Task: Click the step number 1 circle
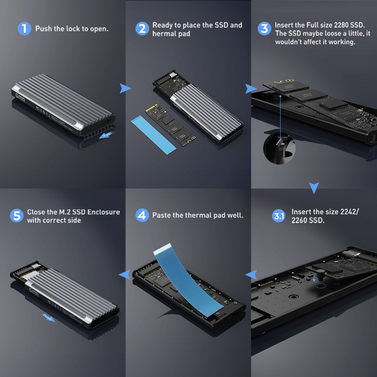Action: (24, 29)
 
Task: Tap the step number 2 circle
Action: (142, 29)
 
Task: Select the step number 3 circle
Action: (264, 29)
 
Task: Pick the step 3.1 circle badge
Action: (279, 216)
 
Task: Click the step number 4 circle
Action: (142, 215)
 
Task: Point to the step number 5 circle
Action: (17, 215)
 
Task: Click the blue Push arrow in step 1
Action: (106, 135)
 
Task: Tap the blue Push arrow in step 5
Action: (48, 318)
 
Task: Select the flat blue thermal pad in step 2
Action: (154, 135)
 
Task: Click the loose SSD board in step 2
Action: (170, 125)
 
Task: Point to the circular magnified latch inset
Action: (279, 148)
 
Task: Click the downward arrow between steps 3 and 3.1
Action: (314, 187)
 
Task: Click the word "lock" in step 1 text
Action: (73, 29)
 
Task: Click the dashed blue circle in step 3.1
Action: (321, 286)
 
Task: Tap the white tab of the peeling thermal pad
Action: (162, 249)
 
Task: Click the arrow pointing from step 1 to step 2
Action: (125, 88)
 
